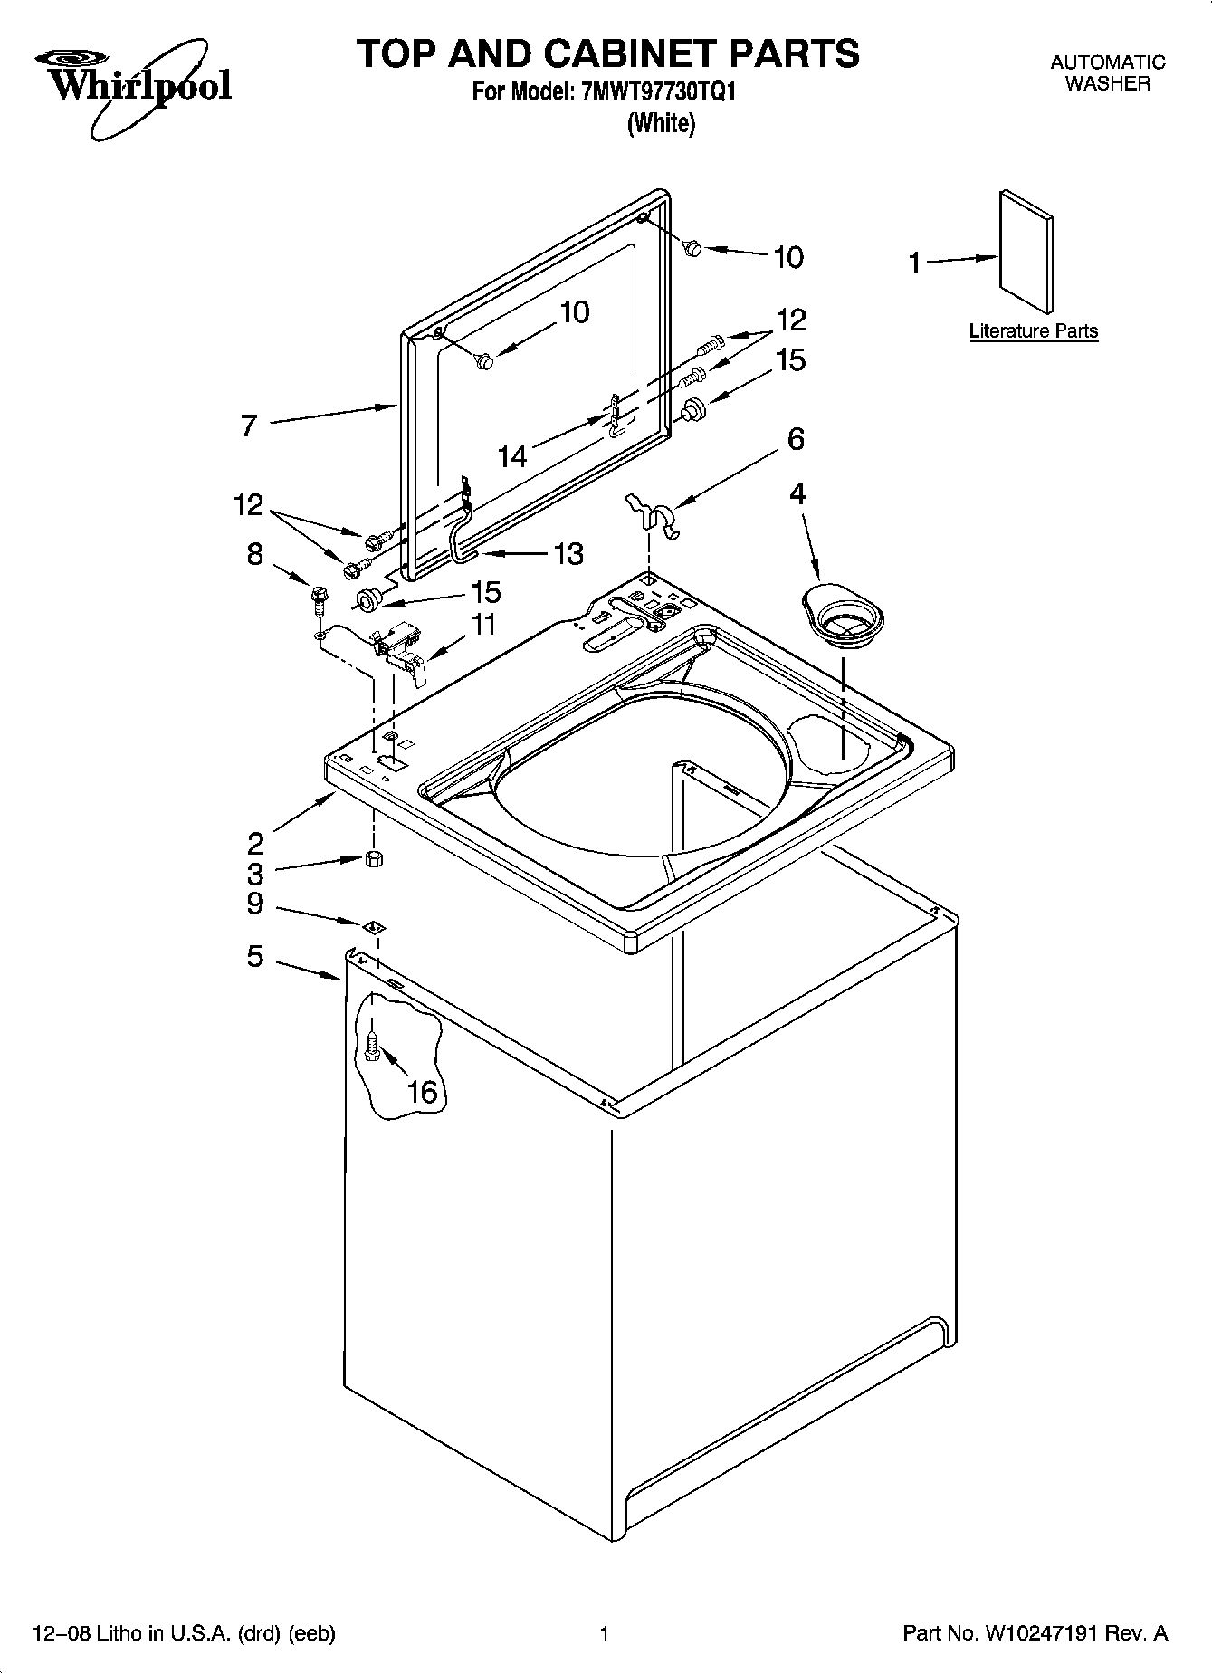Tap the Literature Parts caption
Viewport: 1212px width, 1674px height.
point(1033,331)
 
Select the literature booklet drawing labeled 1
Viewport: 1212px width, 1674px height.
point(1026,253)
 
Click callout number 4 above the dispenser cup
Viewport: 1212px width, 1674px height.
point(797,493)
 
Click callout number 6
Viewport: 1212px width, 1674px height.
point(795,439)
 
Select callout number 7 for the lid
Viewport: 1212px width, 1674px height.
point(250,426)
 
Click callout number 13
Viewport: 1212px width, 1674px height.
point(568,553)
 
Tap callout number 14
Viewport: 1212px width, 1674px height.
point(512,455)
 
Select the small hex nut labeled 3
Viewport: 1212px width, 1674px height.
point(372,859)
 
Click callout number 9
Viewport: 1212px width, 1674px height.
point(254,903)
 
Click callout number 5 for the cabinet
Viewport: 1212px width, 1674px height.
point(255,956)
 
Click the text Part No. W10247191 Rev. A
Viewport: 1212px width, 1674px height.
point(1035,1633)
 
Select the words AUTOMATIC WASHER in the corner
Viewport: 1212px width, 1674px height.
point(1106,73)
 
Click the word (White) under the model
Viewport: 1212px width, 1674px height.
point(661,123)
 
